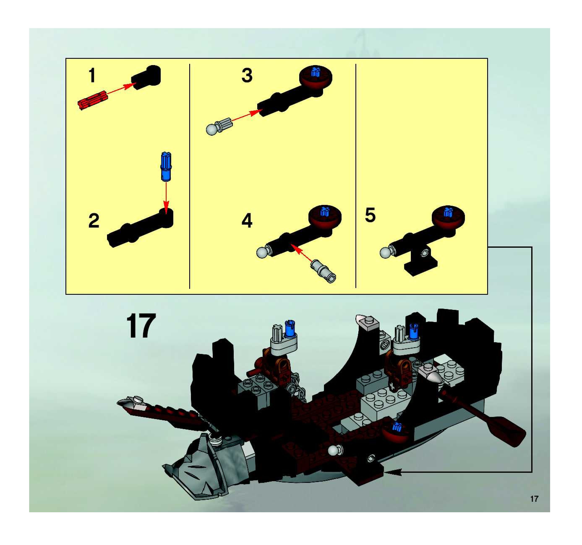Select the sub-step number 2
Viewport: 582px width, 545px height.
(x=94, y=221)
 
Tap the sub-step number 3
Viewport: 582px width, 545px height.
(x=247, y=75)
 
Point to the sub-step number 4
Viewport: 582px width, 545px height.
(x=247, y=221)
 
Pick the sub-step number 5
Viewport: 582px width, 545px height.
(x=370, y=215)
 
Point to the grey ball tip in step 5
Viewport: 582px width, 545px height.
(x=386, y=253)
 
